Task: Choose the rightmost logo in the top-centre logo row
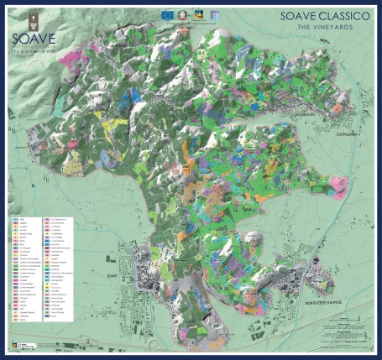215,13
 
